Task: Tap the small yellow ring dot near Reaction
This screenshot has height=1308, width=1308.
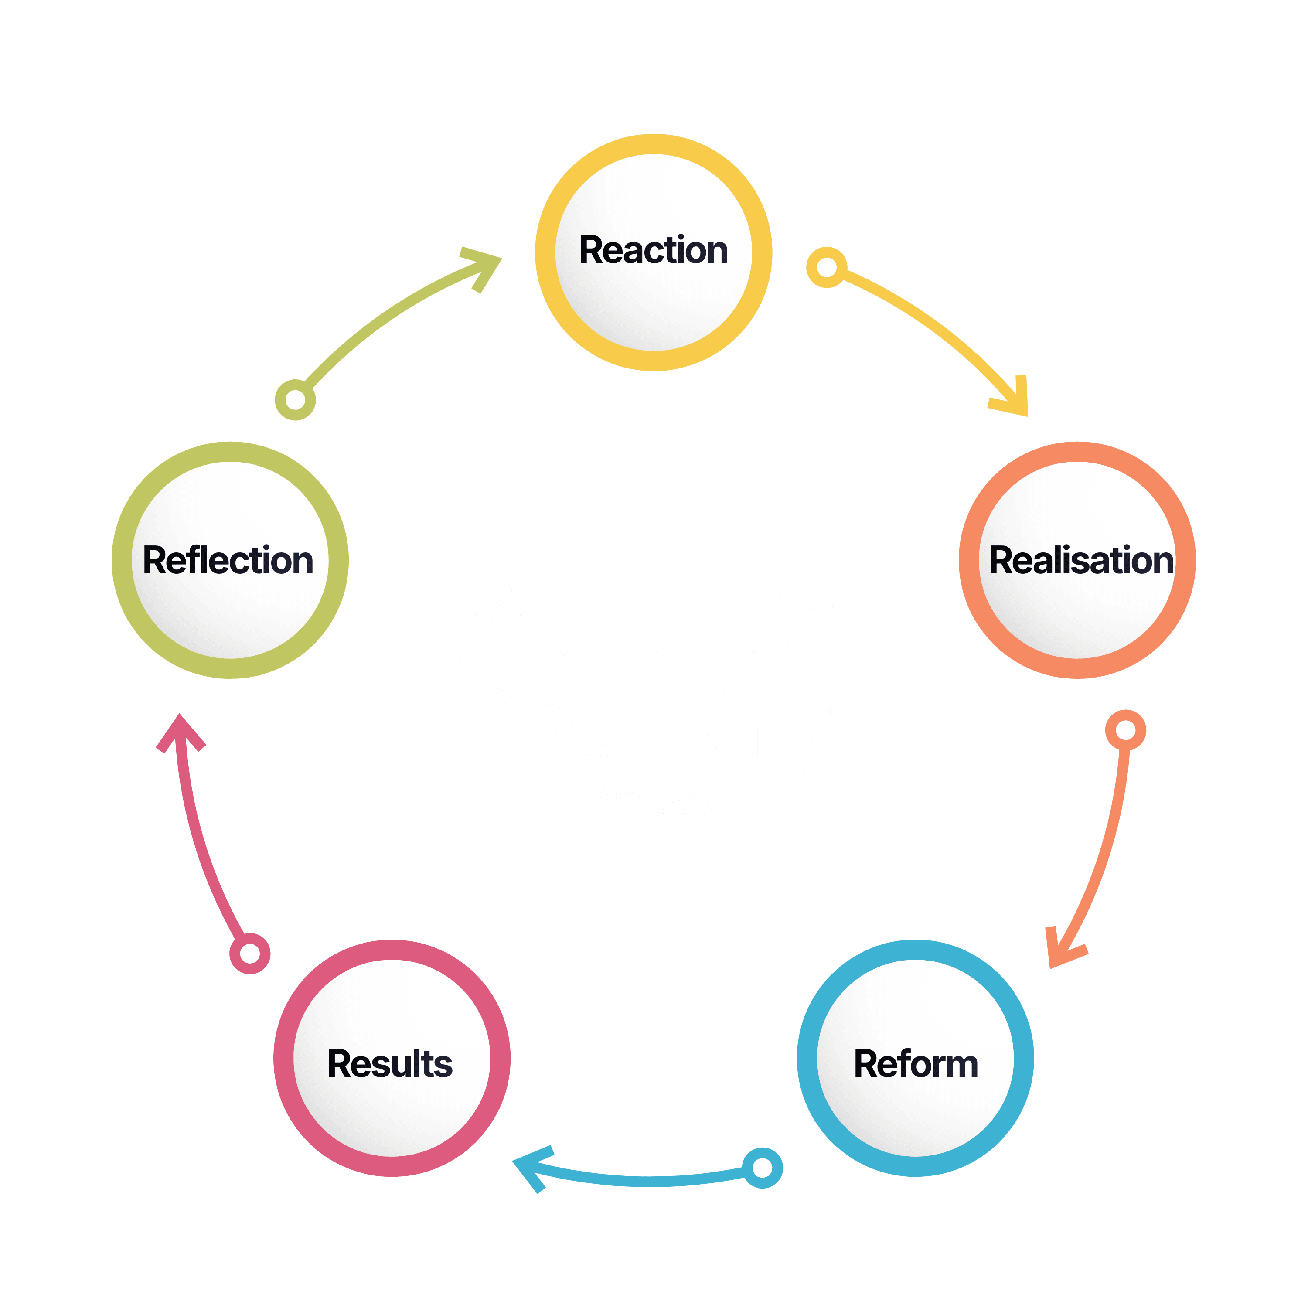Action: pyautogui.click(x=826, y=267)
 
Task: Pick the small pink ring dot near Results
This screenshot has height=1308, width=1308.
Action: pyautogui.click(x=250, y=953)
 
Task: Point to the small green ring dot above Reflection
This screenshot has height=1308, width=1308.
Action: pyautogui.click(x=295, y=399)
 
